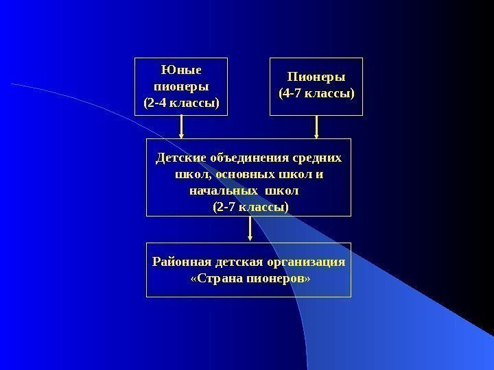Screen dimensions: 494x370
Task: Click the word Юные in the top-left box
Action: [x=182, y=70]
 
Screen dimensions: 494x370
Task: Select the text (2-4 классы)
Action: [x=182, y=103]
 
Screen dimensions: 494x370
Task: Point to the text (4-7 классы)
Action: [x=316, y=92]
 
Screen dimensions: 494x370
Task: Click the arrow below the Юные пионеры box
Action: [x=182, y=127]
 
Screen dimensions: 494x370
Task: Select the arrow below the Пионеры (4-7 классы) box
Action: [x=316, y=127]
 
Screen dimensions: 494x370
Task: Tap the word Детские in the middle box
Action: [x=180, y=158]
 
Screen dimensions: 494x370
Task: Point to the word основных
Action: [x=236, y=175]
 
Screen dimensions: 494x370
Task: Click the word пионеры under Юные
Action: [x=182, y=87]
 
